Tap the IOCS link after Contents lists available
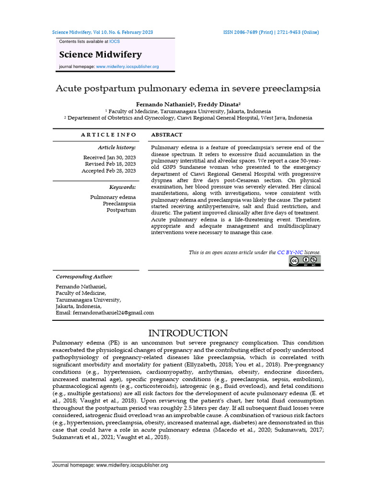(115, 42)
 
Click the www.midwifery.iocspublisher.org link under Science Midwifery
(127, 67)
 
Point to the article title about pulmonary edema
(188, 89)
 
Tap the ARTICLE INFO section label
(108, 135)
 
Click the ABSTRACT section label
(166, 135)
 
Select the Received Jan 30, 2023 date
(109, 157)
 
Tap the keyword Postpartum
(121, 210)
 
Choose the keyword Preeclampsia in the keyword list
(119, 203)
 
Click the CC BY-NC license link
(290, 252)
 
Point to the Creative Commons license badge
(304, 261)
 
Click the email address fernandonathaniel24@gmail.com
(113, 313)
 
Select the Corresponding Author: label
(84, 277)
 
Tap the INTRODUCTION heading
(188, 333)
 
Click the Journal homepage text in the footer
(110, 465)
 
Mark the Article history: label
(116, 147)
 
